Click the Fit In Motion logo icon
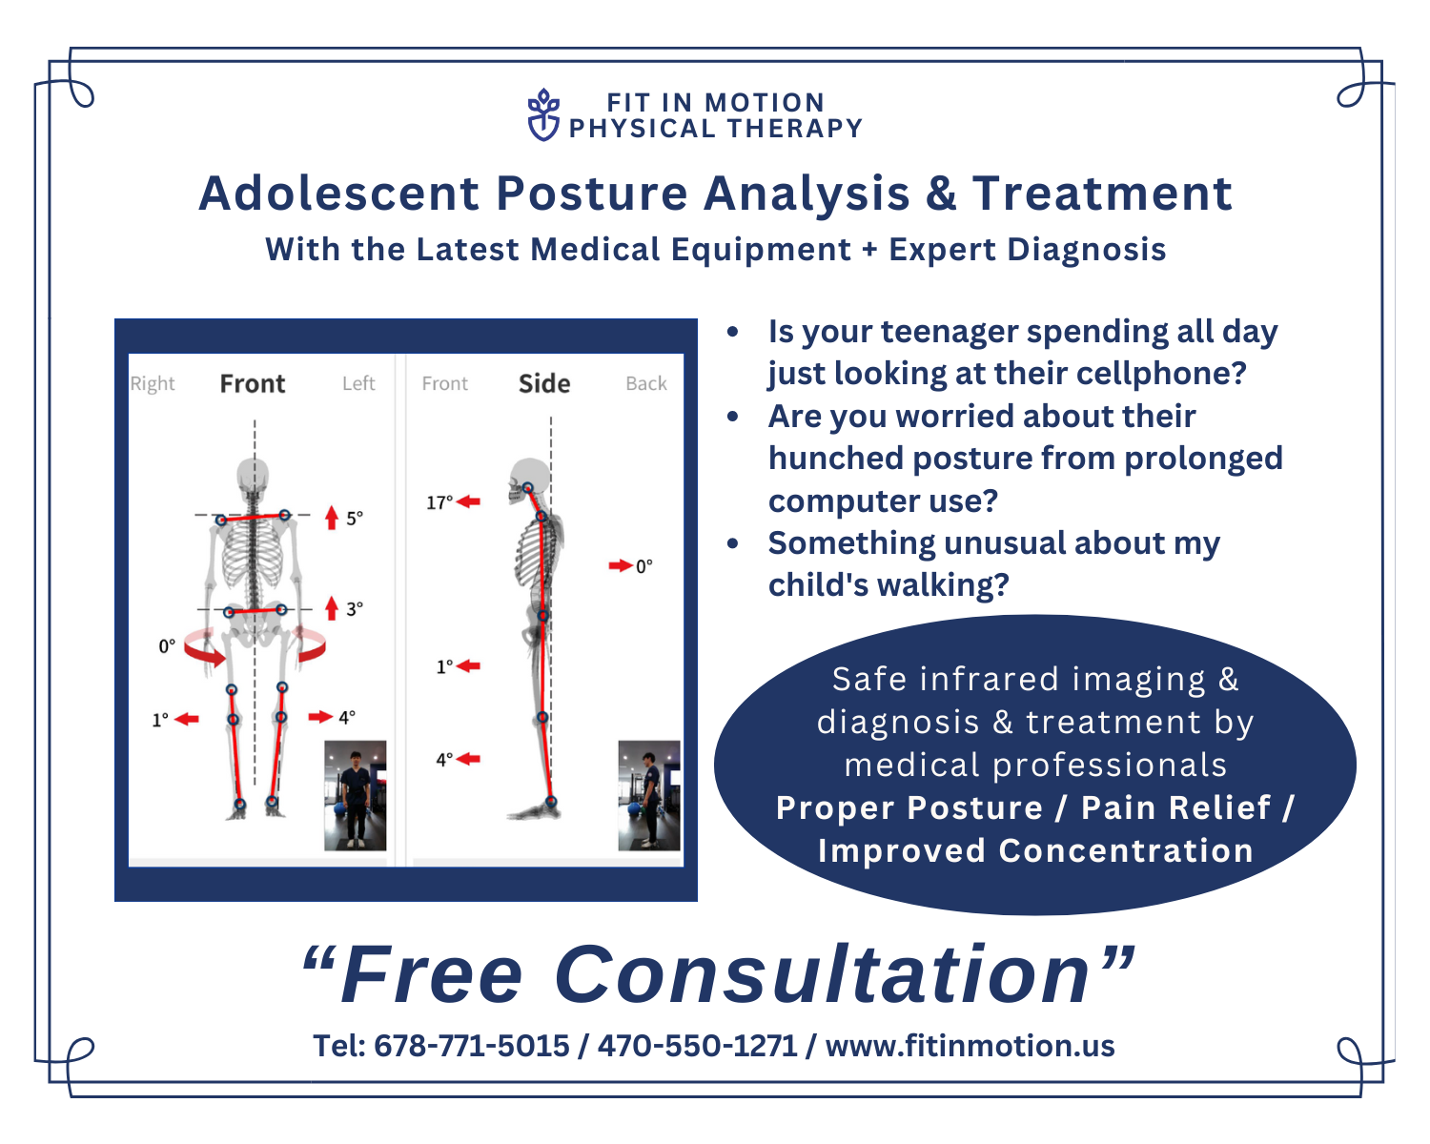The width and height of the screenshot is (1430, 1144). click(x=543, y=114)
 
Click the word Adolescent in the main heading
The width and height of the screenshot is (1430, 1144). click(x=338, y=194)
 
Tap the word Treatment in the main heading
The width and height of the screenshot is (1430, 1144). click(x=1102, y=194)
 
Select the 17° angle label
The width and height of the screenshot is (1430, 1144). click(x=439, y=501)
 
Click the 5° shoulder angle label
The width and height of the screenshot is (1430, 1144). click(x=355, y=518)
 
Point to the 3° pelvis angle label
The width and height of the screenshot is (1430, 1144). click(x=355, y=608)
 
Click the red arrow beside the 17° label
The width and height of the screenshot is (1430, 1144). click(x=468, y=501)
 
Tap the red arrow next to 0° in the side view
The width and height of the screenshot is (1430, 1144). click(x=621, y=565)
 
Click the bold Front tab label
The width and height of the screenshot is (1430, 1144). click(x=253, y=383)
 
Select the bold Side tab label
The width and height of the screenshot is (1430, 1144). click(x=544, y=383)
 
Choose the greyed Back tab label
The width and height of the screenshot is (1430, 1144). click(x=646, y=383)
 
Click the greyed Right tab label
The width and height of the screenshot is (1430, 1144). click(x=153, y=384)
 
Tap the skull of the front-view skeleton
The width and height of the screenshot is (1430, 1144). click(x=254, y=476)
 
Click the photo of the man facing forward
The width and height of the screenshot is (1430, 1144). click(x=355, y=795)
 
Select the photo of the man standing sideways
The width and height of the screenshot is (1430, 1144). click(x=649, y=795)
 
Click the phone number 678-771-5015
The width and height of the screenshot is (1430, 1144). click(x=472, y=1046)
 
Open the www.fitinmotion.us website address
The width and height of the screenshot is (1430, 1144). click(x=970, y=1046)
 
